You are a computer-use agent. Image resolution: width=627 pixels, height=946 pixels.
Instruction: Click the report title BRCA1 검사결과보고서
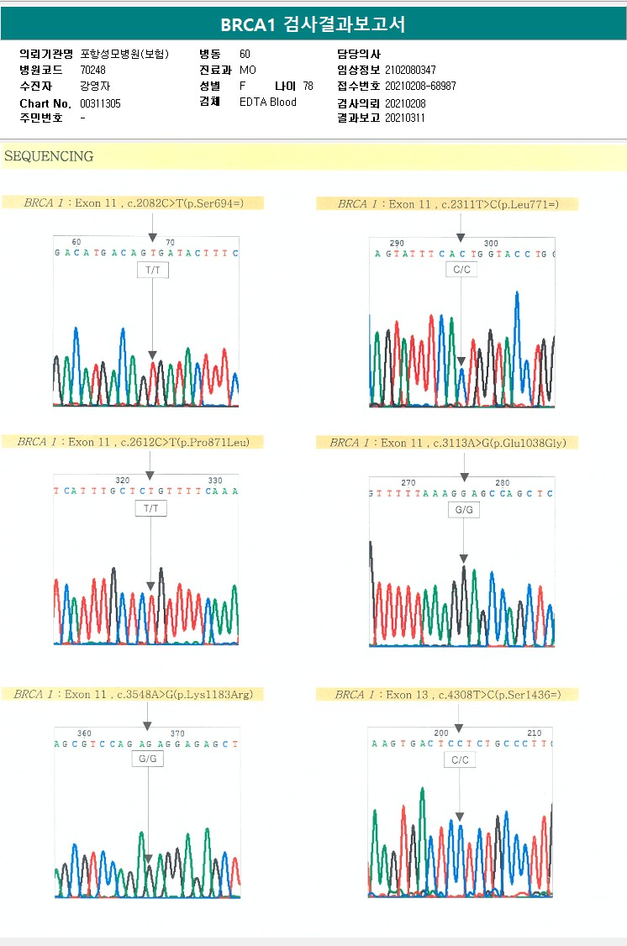[313, 24]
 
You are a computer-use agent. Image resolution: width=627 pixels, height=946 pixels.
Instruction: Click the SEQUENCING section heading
[49, 156]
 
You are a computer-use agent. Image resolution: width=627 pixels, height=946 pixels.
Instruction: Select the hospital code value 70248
[92, 70]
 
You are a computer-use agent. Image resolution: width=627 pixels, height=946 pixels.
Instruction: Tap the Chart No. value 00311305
[100, 102]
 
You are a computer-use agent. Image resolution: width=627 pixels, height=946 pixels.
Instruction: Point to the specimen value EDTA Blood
[267, 102]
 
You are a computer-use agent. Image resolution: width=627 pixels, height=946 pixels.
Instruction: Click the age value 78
[308, 86]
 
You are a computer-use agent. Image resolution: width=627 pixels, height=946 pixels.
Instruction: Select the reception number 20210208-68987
[420, 86]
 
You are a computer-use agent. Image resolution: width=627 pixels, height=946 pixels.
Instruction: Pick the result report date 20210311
[405, 118]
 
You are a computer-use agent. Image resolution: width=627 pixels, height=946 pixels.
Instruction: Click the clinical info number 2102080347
[410, 70]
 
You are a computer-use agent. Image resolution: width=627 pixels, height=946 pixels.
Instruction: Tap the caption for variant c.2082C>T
[133, 203]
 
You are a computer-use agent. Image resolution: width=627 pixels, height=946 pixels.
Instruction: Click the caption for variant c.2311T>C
[448, 204]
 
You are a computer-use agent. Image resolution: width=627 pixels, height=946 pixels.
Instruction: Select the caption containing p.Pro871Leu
[134, 442]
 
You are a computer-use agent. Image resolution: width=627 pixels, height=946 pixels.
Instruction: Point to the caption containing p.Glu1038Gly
[454, 443]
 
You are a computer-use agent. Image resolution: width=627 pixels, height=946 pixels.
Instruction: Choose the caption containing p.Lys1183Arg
[133, 694]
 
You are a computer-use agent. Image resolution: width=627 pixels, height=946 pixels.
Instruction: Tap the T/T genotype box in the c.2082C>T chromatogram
[152, 270]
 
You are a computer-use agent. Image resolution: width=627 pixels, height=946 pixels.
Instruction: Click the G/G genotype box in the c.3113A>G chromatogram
[464, 510]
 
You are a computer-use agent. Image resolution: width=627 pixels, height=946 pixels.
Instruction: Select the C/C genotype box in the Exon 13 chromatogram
[460, 759]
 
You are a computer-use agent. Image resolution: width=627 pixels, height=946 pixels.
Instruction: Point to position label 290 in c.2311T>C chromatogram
[397, 243]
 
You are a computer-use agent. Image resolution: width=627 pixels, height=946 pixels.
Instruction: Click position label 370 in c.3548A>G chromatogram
[177, 733]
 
